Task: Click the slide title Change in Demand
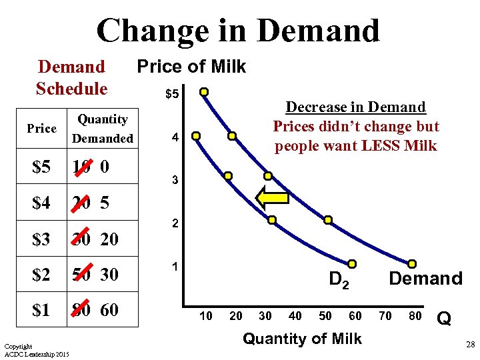pyautogui.click(x=238, y=31)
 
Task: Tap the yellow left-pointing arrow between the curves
pyautogui.click(x=273, y=198)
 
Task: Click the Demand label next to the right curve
pyautogui.click(x=425, y=279)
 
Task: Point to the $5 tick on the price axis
pyautogui.click(x=171, y=95)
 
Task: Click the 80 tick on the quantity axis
pyautogui.click(x=415, y=316)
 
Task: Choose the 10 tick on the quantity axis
pyautogui.click(x=207, y=316)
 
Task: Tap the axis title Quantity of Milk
pyautogui.click(x=302, y=339)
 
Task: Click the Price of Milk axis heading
pyautogui.click(x=191, y=67)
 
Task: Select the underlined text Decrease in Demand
pyautogui.click(x=355, y=107)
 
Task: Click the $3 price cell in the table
pyautogui.click(x=41, y=239)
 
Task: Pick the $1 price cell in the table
pyautogui.click(x=41, y=309)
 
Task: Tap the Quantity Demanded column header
pyautogui.click(x=102, y=129)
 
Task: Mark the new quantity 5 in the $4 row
pyautogui.click(x=105, y=203)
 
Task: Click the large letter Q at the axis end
pyautogui.click(x=445, y=319)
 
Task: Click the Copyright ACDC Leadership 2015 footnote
pyautogui.click(x=37, y=349)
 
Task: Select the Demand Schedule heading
pyautogui.click(x=71, y=77)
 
